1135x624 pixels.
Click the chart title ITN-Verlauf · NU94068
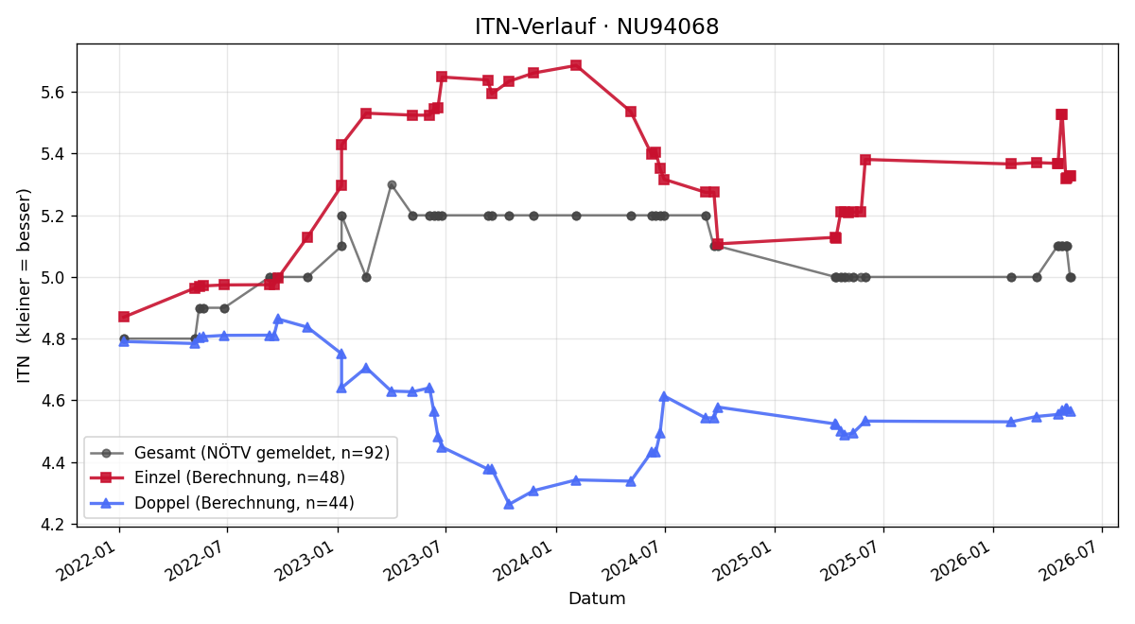point(597,26)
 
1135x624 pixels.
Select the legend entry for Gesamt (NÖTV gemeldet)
point(239,453)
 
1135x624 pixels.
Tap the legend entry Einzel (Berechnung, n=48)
point(218,477)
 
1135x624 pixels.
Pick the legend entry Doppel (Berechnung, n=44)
point(222,502)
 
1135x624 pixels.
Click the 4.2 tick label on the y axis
point(55,525)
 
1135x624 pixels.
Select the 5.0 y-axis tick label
point(55,278)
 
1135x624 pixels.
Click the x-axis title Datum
point(597,598)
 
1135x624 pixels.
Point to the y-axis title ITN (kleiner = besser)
point(24,286)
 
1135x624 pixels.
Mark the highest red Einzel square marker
point(576,65)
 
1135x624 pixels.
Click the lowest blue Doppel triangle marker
point(509,504)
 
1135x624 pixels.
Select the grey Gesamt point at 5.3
point(392,185)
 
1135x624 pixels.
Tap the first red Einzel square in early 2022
point(124,317)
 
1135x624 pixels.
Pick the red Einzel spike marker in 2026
point(1061,114)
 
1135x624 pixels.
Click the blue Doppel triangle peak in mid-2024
point(664,396)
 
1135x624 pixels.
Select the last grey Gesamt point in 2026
point(1071,278)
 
